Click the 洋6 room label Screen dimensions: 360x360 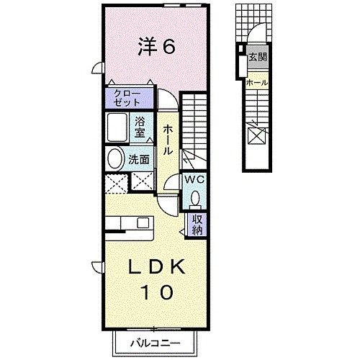156,48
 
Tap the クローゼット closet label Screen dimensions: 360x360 129,97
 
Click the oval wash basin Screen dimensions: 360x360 115,159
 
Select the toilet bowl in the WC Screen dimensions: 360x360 195,197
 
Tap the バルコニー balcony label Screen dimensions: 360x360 156,343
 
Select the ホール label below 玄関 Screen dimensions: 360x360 256,83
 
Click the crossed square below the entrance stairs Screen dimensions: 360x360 256,135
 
